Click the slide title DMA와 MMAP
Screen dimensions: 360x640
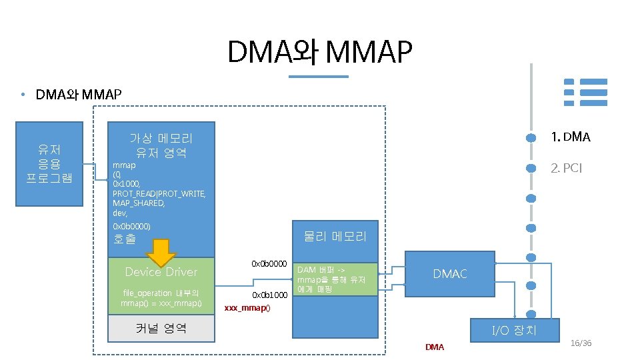(320, 53)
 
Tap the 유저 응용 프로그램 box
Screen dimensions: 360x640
(50, 163)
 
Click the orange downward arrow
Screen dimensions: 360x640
(161, 253)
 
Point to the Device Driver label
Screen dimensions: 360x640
(161, 272)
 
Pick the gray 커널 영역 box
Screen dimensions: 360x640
(161, 328)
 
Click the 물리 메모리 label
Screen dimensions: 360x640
(335, 236)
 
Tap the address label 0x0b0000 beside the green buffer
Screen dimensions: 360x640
(269, 264)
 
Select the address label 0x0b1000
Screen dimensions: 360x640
(269, 295)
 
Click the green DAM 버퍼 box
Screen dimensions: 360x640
(335, 279)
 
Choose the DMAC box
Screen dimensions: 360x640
(450, 274)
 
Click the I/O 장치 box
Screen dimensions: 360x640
(514, 329)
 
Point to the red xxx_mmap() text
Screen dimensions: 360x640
(247, 309)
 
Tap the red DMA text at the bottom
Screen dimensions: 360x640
(434, 347)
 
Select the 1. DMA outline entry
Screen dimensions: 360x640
(570, 137)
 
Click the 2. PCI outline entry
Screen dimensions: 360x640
(566, 168)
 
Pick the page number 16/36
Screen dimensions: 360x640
(581, 343)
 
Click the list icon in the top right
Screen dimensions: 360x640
(586, 92)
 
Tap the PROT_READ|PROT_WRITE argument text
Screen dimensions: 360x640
(159, 193)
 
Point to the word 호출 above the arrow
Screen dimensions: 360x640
(125, 239)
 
